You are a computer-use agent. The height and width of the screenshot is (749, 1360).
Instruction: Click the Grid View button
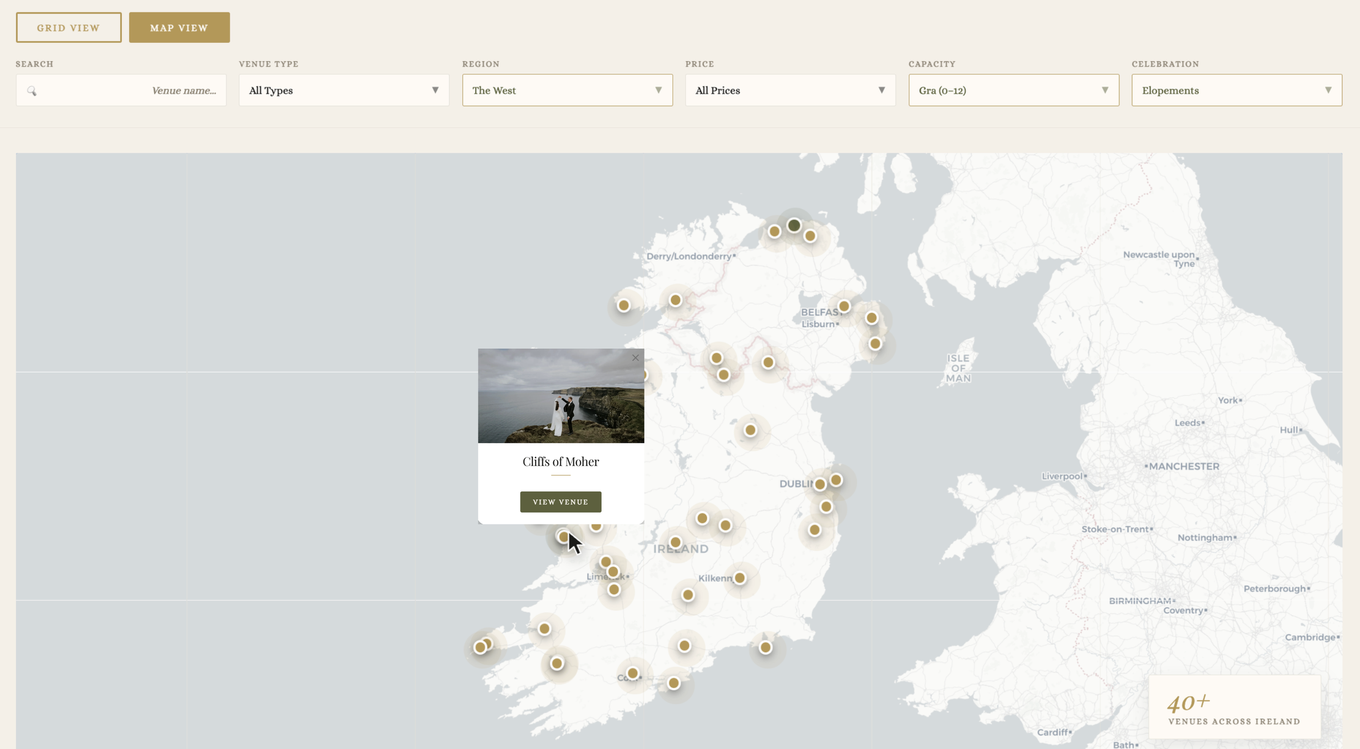[69, 28]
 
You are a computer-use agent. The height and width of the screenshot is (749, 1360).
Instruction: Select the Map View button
[179, 28]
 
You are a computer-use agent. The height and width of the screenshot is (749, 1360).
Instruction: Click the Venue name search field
[121, 90]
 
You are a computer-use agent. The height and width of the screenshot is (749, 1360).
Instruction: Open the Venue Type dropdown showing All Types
[344, 90]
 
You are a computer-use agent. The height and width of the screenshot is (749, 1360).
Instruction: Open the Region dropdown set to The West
[567, 90]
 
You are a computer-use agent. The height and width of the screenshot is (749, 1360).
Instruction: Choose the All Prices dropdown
[790, 90]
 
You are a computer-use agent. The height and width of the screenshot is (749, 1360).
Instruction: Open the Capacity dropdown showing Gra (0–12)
[1013, 90]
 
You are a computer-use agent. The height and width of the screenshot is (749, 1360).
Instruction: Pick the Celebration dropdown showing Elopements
[1237, 90]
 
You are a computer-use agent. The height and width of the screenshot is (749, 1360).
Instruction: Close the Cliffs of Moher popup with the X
[635, 358]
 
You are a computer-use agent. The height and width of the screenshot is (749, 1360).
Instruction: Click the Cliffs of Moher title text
[560, 462]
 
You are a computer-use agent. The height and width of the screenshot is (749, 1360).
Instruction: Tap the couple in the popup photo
[564, 416]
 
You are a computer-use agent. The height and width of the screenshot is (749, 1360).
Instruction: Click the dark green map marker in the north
[794, 225]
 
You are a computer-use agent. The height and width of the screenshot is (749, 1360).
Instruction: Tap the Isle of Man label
[958, 368]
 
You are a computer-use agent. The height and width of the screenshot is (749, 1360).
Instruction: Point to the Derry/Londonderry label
[689, 256]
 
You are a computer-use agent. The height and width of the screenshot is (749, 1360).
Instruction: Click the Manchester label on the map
[1184, 467]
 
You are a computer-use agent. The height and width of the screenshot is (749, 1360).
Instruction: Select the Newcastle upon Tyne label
[1159, 259]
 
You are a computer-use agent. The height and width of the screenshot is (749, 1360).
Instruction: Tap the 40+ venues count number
[1188, 703]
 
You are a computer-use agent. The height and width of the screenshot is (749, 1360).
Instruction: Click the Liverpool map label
[1062, 476]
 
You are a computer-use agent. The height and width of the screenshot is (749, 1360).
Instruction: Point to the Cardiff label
[1052, 732]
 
